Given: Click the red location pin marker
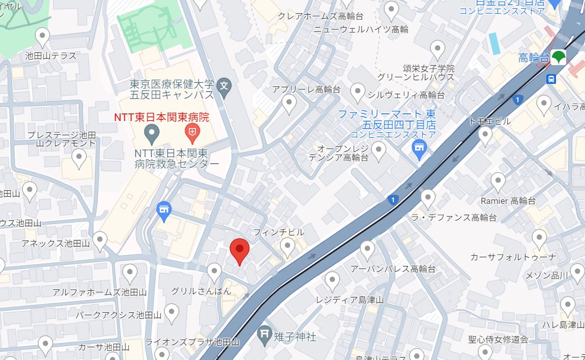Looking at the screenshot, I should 239,251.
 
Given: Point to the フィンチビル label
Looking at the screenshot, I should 279,232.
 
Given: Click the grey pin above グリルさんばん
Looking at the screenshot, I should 215,273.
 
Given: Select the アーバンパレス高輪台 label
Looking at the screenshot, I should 393,269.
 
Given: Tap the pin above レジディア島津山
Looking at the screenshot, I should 332,281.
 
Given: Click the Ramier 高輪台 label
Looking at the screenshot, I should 508,201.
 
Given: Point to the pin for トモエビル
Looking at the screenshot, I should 485,135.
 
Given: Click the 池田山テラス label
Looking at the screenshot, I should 51,56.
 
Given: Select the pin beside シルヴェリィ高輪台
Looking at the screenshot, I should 358,93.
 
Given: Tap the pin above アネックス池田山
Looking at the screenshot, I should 100,240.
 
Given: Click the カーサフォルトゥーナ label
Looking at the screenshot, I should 513,257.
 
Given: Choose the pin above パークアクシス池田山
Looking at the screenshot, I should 171,312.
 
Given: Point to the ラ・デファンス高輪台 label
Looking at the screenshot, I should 454,218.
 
